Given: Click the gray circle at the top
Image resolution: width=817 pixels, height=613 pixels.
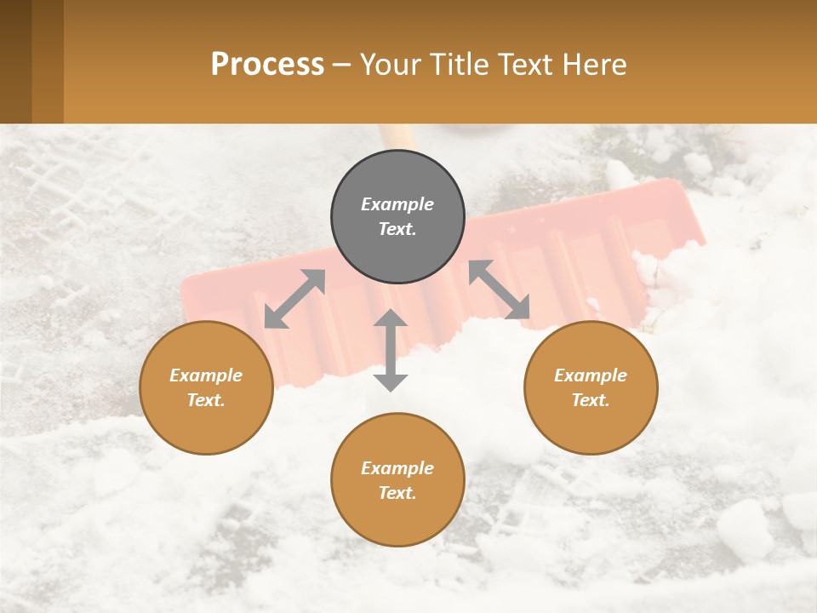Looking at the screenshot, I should (x=397, y=217).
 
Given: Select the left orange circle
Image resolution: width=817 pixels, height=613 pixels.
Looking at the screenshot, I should (x=206, y=388).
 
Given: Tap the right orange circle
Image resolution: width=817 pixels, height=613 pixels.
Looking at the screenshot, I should (x=591, y=388).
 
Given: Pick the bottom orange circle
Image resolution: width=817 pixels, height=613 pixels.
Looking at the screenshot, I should (x=397, y=480).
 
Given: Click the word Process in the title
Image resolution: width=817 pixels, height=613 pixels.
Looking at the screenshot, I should (x=267, y=64).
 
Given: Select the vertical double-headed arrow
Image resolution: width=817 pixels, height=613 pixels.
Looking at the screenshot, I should (x=391, y=350).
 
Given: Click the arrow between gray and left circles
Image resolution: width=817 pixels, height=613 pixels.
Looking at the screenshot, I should (x=294, y=298).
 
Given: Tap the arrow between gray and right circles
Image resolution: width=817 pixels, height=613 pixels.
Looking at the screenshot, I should (x=499, y=289).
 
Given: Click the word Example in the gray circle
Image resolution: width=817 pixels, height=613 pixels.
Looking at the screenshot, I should (x=397, y=204).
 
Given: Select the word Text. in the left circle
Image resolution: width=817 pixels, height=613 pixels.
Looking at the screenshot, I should (x=206, y=400).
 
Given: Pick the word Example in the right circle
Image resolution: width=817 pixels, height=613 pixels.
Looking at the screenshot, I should (x=591, y=375).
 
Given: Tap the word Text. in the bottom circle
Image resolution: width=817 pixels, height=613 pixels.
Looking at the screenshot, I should (x=397, y=493).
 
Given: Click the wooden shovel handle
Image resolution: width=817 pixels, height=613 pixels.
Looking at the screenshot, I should (x=398, y=136).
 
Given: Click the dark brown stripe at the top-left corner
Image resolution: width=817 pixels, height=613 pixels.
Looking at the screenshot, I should (x=15, y=61).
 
